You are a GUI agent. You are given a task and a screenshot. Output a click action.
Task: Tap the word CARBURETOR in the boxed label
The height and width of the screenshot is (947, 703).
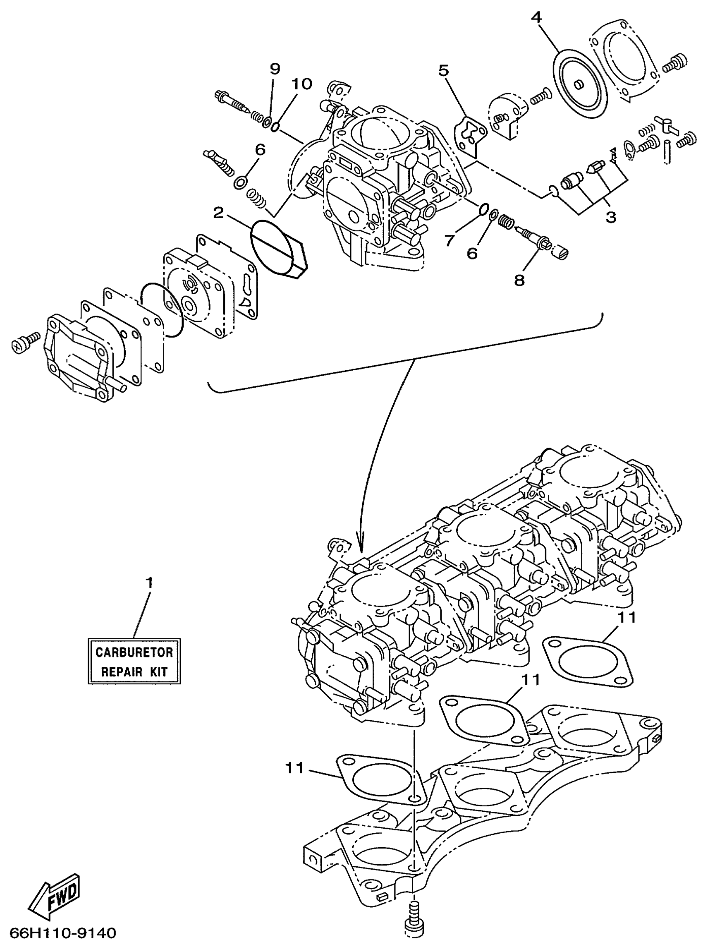click(134, 652)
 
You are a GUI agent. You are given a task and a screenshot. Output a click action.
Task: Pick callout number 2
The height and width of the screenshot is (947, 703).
click(218, 213)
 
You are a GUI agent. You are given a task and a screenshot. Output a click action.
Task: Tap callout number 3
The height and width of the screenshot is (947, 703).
click(611, 218)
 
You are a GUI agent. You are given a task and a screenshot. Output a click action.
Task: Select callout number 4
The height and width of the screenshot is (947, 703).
click(537, 17)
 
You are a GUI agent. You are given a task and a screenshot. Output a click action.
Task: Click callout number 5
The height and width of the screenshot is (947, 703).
click(443, 71)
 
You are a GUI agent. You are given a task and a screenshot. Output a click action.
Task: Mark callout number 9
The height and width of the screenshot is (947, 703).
click(275, 69)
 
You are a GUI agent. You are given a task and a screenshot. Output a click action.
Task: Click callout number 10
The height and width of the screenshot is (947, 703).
click(301, 84)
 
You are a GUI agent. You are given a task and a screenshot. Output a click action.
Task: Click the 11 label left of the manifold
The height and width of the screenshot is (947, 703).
click(294, 768)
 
